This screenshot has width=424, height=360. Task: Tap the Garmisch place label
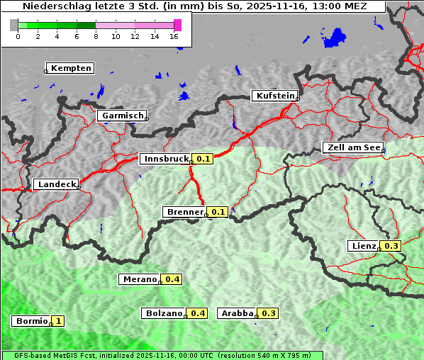[x=123, y=116]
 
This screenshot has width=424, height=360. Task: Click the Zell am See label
[x=353, y=147]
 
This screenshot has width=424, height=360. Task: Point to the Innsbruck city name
[x=166, y=159]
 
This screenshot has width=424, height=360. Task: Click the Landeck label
[x=56, y=184]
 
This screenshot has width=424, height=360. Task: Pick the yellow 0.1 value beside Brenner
[x=218, y=212]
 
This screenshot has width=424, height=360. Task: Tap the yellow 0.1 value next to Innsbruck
[x=203, y=159]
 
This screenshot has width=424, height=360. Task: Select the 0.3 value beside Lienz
[x=391, y=246]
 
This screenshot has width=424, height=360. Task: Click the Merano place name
[x=140, y=279]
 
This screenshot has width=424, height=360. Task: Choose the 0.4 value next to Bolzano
[x=198, y=313]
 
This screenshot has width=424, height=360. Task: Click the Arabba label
[x=238, y=313]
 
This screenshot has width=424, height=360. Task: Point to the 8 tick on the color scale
[x=95, y=36]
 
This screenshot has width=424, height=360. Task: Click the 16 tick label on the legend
[x=174, y=36]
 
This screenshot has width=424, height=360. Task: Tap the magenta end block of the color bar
[x=177, y=25]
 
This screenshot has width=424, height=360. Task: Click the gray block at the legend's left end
[x=14, y=25]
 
